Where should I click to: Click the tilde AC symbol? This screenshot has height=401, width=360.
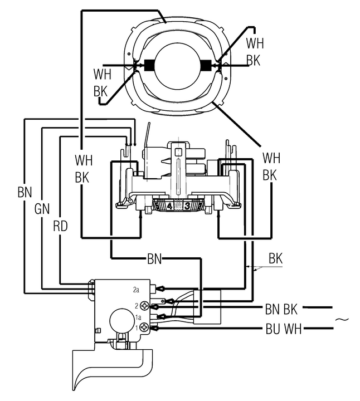coord(343,319)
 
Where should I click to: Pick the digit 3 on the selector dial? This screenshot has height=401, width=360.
coord(188,207)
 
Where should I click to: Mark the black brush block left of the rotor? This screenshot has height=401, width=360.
coord(149,65)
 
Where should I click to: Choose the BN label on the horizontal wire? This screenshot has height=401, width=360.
coord(154,258)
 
